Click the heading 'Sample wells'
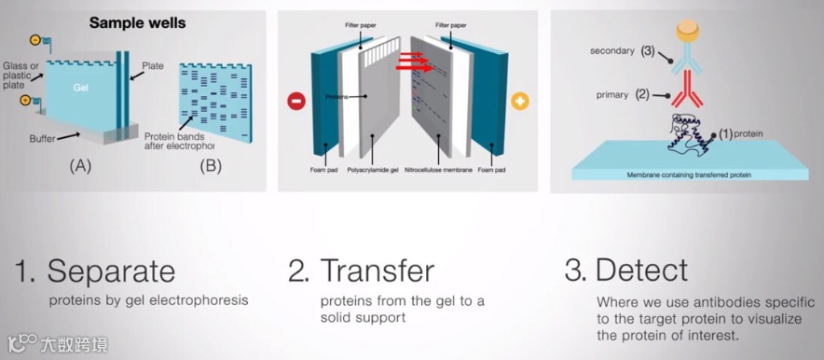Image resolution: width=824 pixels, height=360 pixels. point(137,23)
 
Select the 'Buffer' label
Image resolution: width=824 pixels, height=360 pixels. point(43,140)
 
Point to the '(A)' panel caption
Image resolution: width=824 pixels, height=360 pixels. point(80,166)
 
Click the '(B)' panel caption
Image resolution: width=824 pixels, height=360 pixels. point(211,166)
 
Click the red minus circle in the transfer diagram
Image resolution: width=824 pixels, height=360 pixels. point(296,101)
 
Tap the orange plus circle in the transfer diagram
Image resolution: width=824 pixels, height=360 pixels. point(520,101)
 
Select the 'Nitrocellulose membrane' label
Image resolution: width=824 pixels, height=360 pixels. point(439,171)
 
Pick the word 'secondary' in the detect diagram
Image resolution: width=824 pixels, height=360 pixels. point(611,51)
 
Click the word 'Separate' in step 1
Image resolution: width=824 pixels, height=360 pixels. point(111,271)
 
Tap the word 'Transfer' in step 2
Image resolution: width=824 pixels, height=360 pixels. point(378,270)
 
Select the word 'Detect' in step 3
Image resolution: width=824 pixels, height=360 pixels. point(641,270)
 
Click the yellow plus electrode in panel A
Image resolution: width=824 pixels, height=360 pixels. point(24,100)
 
